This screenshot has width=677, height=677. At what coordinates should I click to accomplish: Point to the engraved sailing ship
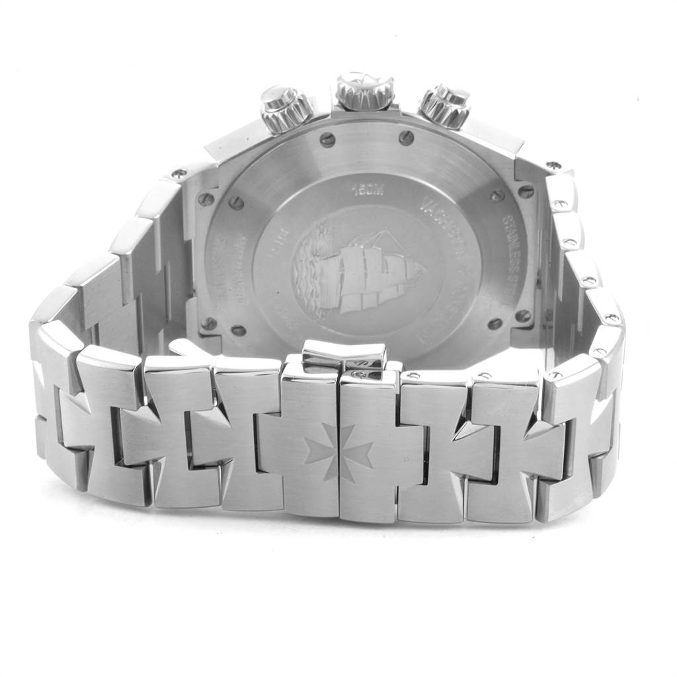click(x=370, y=271)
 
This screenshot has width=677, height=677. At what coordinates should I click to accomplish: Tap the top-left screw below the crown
click(x=327, y=139)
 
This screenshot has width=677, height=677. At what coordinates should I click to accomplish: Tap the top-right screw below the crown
click(x=407, y=138)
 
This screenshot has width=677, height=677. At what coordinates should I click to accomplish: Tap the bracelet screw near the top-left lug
click(x=178, y=174)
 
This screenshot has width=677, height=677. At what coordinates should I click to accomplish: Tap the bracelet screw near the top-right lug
click(x=553, y=165)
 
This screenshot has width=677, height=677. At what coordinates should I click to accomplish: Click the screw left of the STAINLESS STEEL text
click(x=495, y=196)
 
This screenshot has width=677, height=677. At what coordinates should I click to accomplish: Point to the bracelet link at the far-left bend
click(x=53, y=370)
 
